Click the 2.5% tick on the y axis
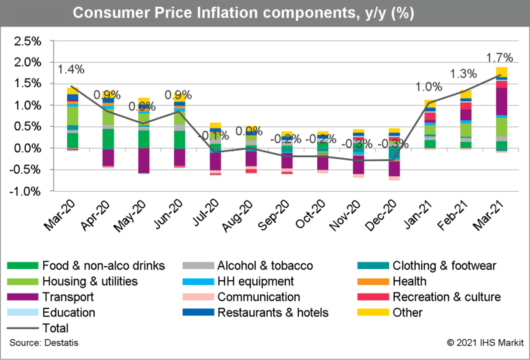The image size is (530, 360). [28, 41]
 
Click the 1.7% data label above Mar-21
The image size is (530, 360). [499, 58]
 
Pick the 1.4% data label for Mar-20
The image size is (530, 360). [71, 69]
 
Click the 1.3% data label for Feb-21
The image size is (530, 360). [463, 74]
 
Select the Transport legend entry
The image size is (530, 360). [68, 297]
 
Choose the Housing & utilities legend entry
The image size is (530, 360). [90, 281]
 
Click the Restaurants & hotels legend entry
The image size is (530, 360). [272, 313]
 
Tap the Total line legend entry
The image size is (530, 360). [55, 328]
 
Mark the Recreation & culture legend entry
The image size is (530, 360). [446, 297]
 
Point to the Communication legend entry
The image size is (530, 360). [258, 297]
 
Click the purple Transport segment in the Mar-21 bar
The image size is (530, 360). [501, 101]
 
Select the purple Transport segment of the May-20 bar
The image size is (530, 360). [144, 160]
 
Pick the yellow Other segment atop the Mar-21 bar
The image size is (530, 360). [501, 72]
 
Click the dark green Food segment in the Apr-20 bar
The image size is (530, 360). [108, 138]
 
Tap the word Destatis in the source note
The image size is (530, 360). [61, 343]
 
